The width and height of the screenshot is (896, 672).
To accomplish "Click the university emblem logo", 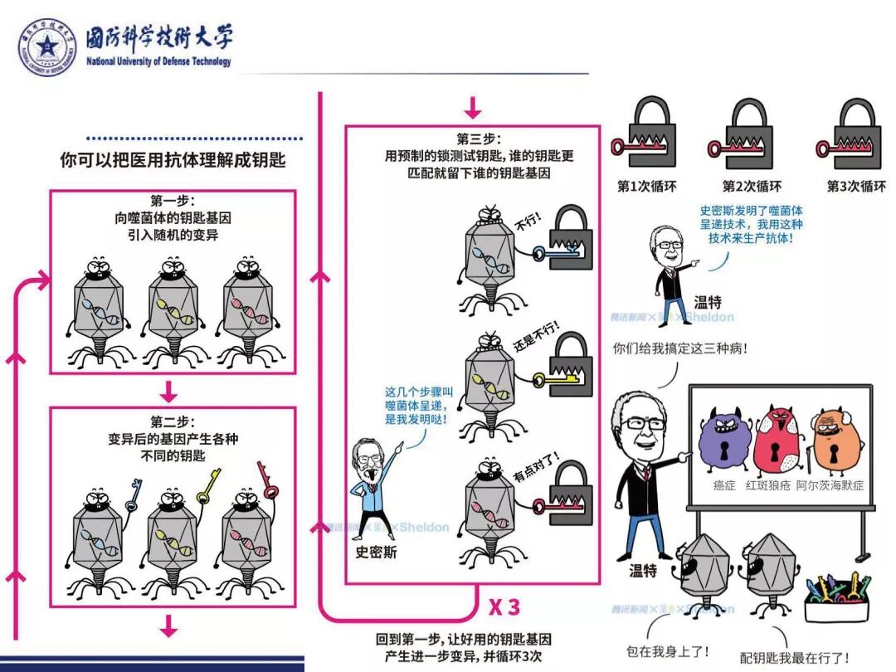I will pyautogui.click(x=47, y=46).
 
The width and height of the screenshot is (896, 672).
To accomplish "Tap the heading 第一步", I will pyautogui.click(x=172, y=202).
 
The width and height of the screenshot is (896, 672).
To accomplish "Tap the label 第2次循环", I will pyautogui.click(x=752, y=187).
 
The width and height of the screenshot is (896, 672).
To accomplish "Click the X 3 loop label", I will pyautogui.click(x=504, y=607).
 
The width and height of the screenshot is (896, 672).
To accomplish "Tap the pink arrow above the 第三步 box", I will pyautogui.click(x=472, y=108).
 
